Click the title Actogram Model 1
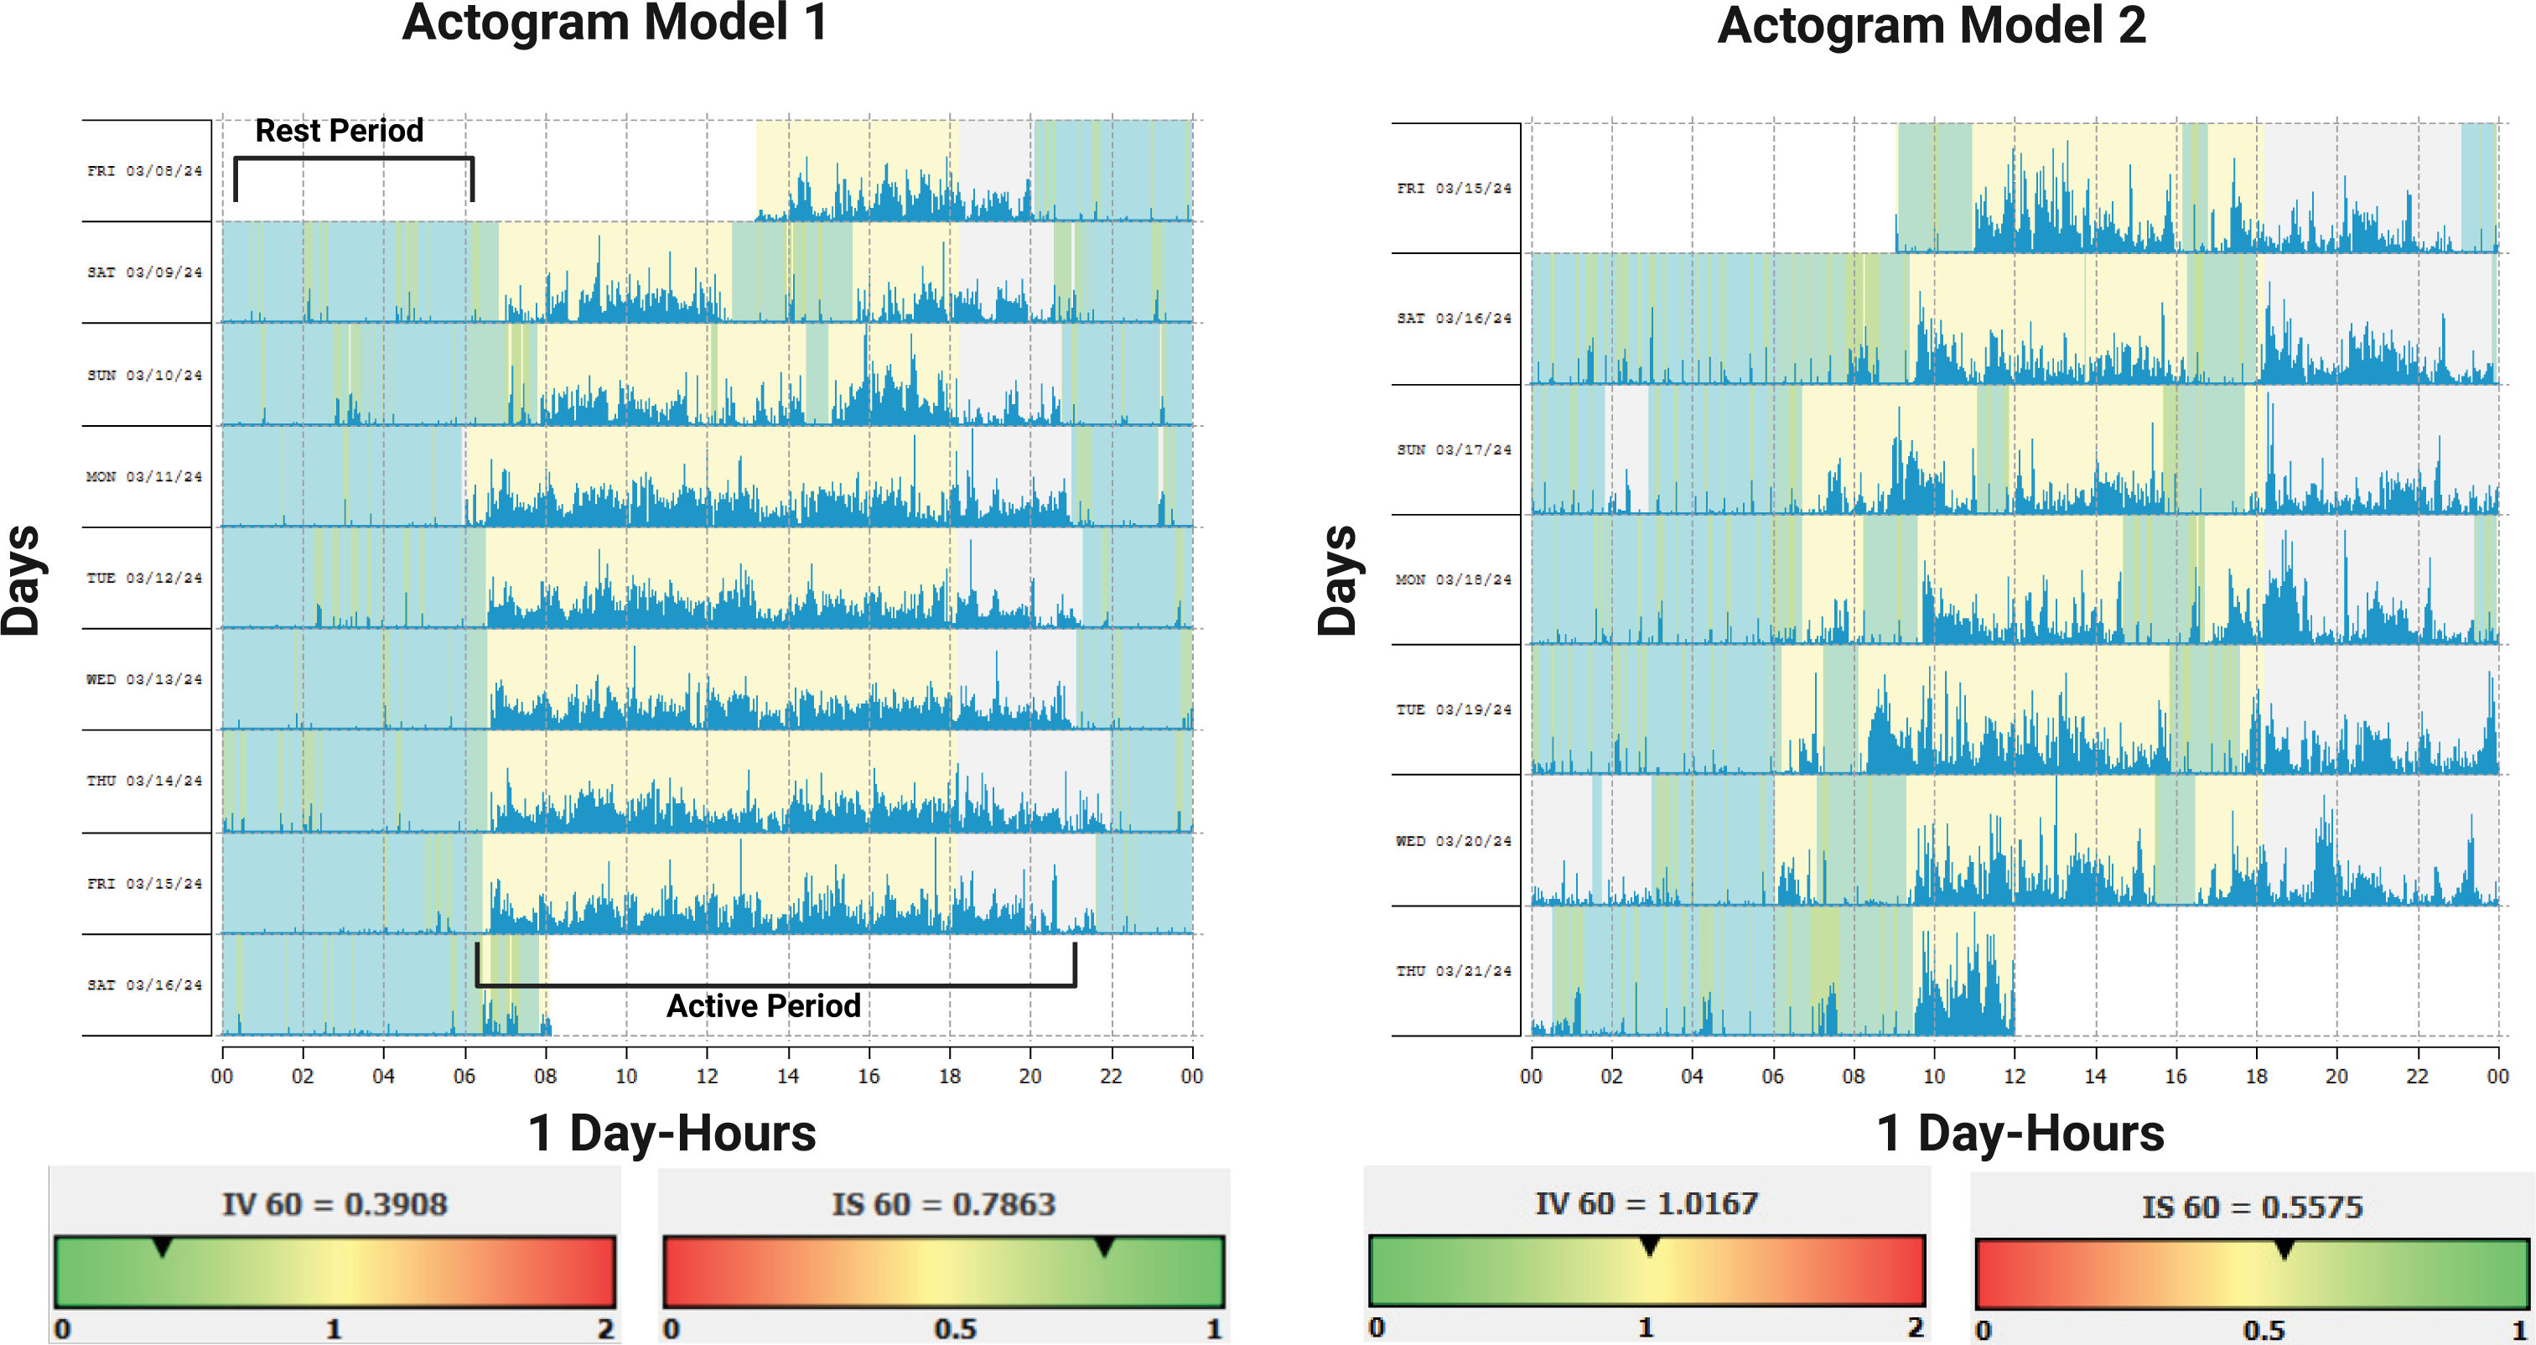615,23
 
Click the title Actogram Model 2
1931,26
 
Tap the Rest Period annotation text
339,131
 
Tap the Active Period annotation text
763,1005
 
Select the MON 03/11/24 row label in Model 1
143,476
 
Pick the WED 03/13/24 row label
143,679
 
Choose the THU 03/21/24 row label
1453,971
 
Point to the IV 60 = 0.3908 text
335,1204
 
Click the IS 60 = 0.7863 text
943,1204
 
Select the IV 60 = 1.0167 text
1646,1203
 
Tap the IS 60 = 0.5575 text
2253,1207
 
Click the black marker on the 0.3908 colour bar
163,1249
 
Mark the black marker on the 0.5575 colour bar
2284,1250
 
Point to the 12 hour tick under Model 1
707,1076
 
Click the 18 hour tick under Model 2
2256,1076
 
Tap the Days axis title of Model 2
1338,581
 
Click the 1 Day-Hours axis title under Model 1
672,1134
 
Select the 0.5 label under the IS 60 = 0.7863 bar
954,1329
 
